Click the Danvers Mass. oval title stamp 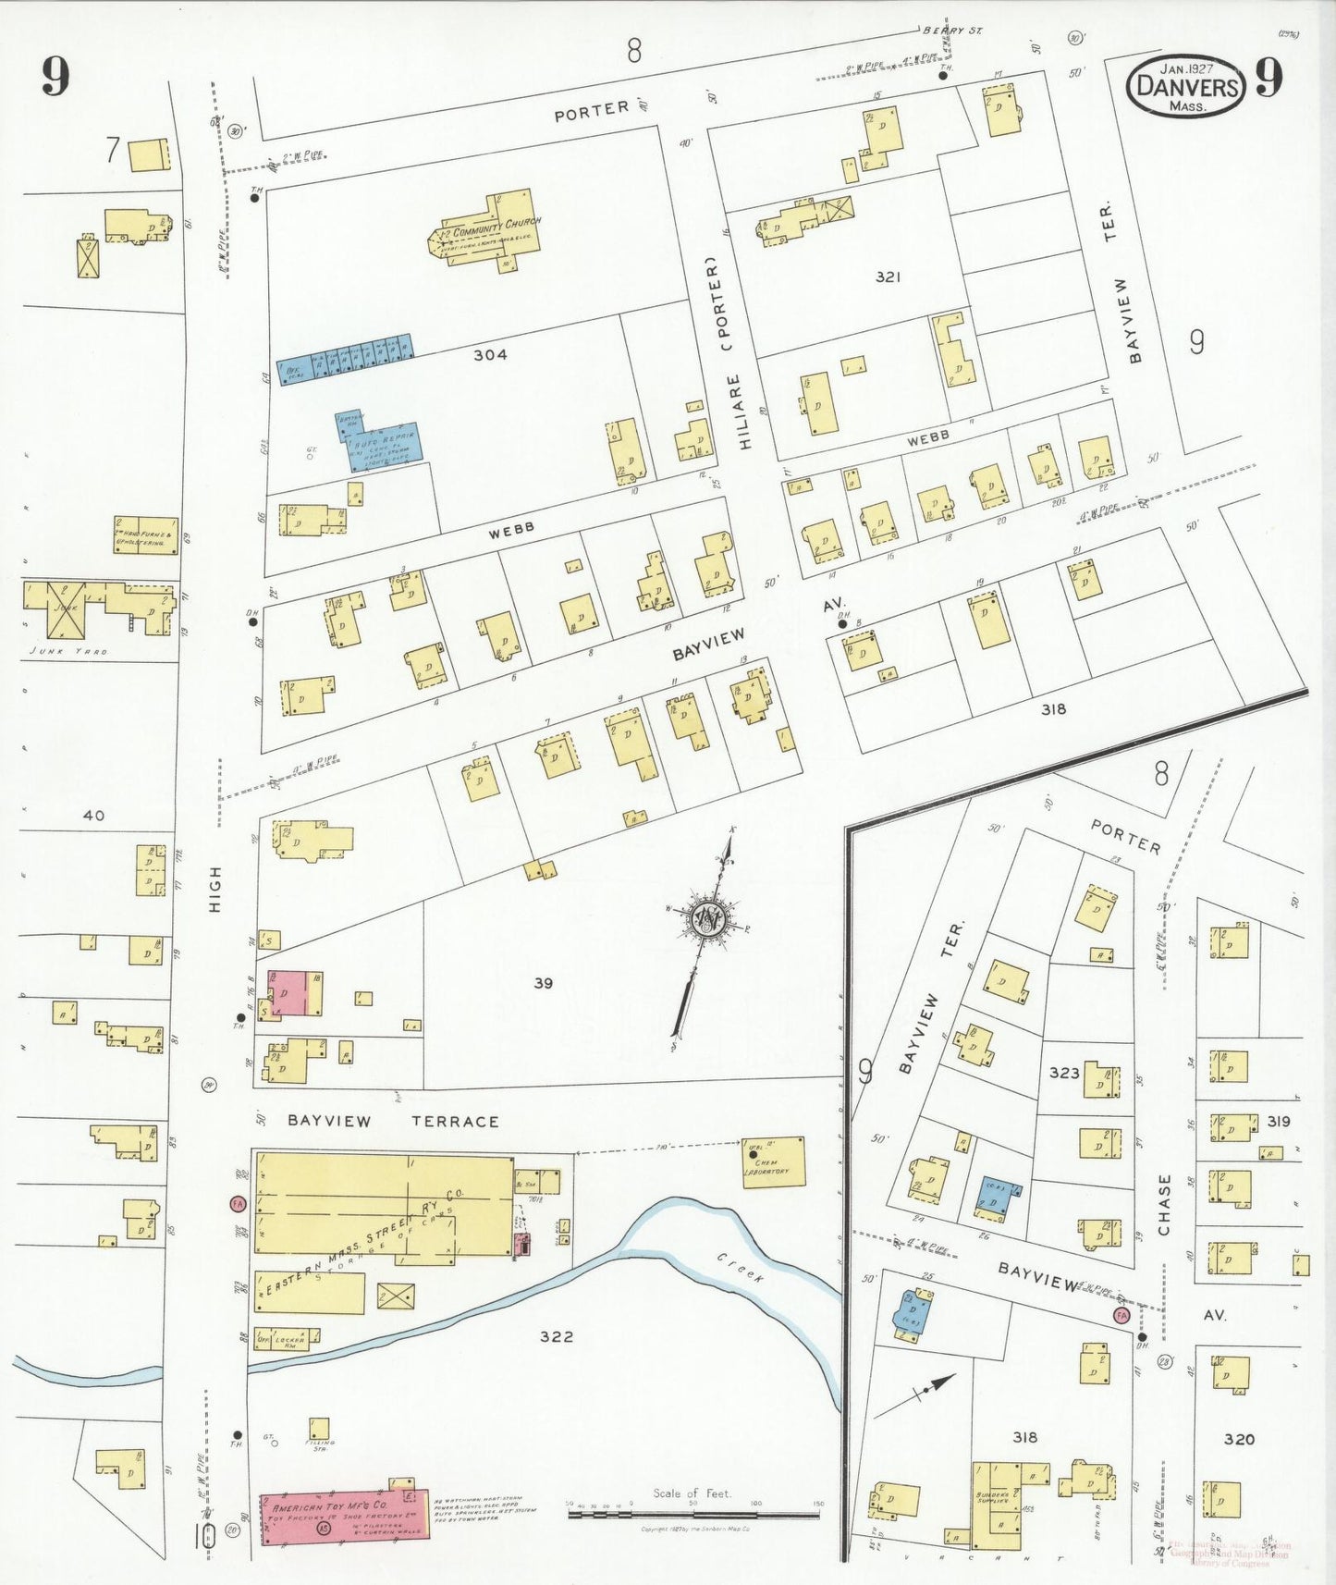[1186, 86]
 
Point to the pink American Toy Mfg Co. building [337, 1517]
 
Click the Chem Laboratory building [773, 1162]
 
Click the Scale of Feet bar [693, 1515]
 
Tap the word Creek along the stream [741, 1268]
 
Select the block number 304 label [489, 354]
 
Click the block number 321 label [887, 276]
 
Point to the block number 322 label [557, 1336]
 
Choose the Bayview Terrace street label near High [393, 1121]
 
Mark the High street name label [215, 890]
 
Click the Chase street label [1164, 1205]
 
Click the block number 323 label [1064, 1073]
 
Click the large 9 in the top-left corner [55, 77]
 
